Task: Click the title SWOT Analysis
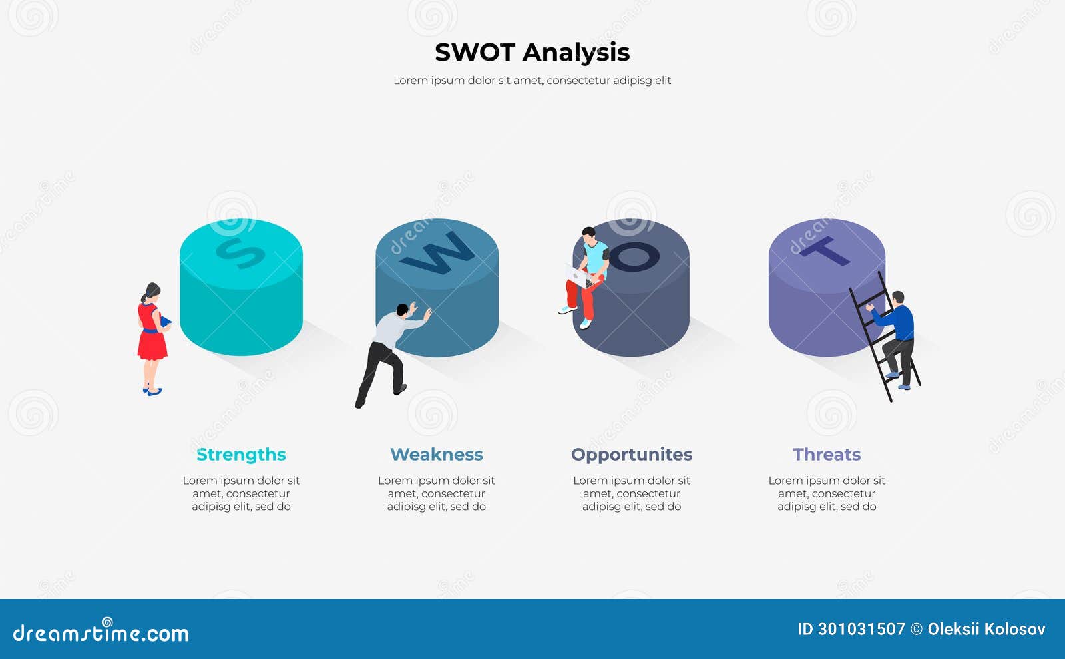tap(532, 53)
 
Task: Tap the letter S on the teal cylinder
tap(240, 254)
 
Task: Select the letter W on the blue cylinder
tap(437, 254)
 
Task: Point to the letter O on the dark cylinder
tap(634, 257)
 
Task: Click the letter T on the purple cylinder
tap(825, 250)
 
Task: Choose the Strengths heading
tap(241, 455)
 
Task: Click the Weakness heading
tap(437, 455)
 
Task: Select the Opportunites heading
tap(632, 455)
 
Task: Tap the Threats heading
tap(827, 455)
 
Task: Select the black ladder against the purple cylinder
tap(885, 335)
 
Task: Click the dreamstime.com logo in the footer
tap(101, 631)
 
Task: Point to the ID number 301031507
tap(851, 629)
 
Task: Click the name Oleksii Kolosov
tap(986, 629)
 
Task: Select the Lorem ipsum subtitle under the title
tap(532, 81)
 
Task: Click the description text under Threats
tap(827, 493)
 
